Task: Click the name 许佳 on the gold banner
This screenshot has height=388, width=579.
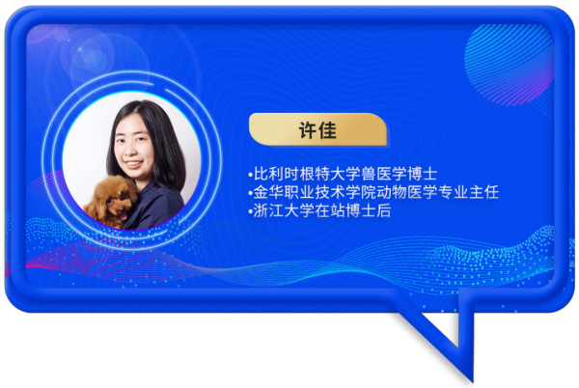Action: click(x=317, y=130)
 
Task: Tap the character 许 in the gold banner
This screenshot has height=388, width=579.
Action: click(x=308, y=130)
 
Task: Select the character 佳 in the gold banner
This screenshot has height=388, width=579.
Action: click(x=327, y=130)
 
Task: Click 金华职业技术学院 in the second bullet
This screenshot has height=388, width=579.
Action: click(x=315, y=192)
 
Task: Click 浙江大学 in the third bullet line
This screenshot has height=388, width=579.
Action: click(x=284, y=210)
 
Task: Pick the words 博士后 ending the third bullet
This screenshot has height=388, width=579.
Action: click(x=369, y=210)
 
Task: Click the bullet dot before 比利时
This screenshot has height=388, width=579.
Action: click(x=251, y=175)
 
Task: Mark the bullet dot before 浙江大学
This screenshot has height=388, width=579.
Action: click(x=251, y=212)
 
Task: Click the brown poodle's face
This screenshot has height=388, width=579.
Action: click(x=116, y=200)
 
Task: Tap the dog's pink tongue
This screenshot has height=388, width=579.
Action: click(x=123, y=215)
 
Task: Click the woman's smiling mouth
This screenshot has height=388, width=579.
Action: click(x=133, y=163)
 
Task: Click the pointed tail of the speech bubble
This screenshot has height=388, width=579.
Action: click(x=471, y=379)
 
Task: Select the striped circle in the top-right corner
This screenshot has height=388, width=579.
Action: click(x=509, y=65)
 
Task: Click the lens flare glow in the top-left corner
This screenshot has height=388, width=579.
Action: click(x=89, y=55)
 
